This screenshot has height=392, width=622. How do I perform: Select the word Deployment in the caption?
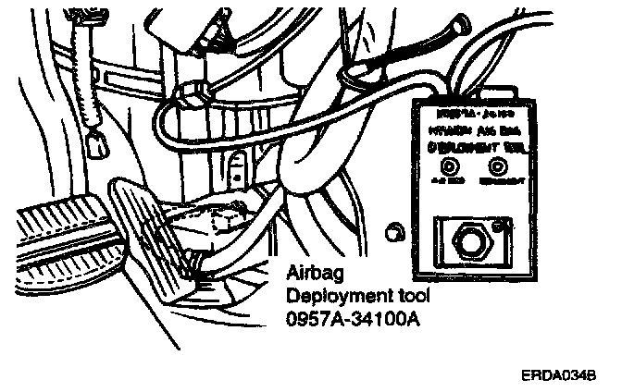pos(331,296)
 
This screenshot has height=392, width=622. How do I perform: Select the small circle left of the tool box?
pos(392,228)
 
